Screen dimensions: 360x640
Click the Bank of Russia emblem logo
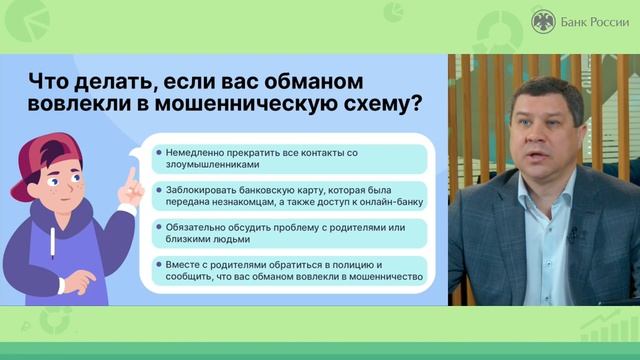(x=543, y=20)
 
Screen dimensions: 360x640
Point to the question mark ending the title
(x=414, y=105)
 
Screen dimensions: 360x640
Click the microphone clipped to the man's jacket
(x=573, y=235)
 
